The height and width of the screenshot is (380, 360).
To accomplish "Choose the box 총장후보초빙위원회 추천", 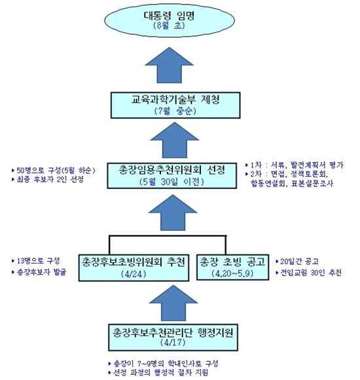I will pyautogui.click(x=133, y=266).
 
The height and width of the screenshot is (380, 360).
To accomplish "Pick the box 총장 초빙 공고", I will pyautogui.click(x=232, y=266).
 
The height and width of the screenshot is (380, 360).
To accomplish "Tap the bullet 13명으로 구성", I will pyautogui.click(x=37, y=260).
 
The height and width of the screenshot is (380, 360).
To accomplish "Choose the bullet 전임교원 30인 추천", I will pyautogui.click(x=310, y=272).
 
